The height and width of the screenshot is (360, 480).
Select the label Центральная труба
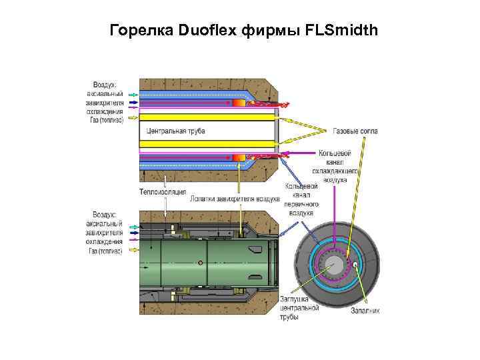(x=175, y=131)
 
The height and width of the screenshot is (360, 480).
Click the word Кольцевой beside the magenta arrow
(x=335, y=153)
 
